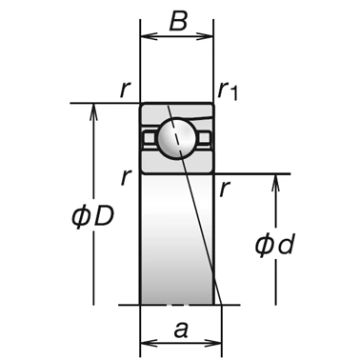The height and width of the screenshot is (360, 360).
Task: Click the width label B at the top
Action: (178, 21)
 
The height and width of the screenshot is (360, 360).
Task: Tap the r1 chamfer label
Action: (228, 90)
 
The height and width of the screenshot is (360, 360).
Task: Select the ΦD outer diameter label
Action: (92, 217)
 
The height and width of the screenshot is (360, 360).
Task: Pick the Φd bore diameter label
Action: (275, 245)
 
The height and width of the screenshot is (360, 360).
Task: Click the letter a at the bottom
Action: (181, 330)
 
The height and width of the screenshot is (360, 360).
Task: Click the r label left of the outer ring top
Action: (126, 90)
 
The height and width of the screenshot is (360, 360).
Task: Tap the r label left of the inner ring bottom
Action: (127, 178)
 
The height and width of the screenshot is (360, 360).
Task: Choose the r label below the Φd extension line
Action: (225, 190)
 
